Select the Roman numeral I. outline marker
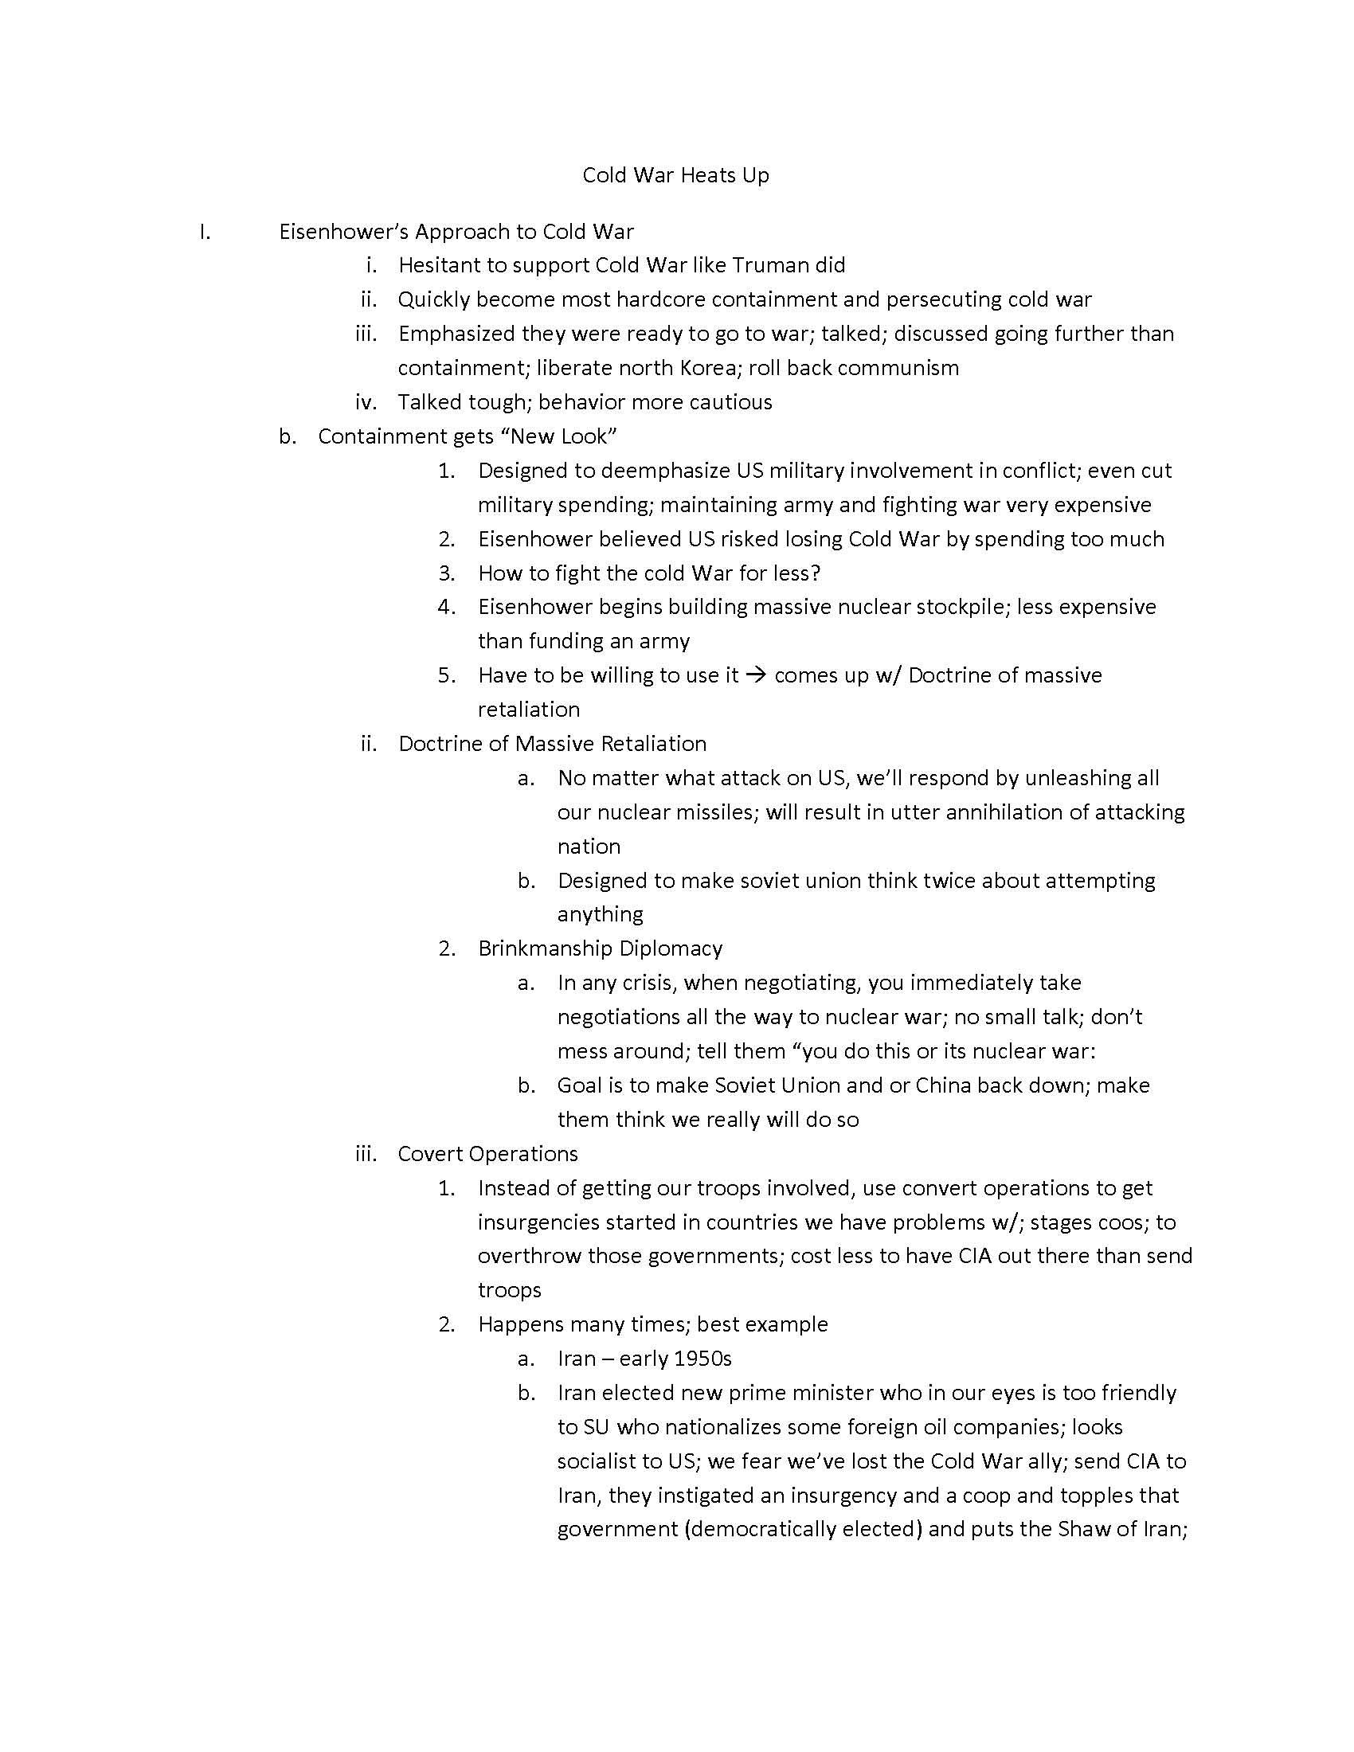(205, 232)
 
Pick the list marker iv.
(366, 402)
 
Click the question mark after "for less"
(816, 573)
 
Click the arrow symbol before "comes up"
(756, 675)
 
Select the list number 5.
(447, 675)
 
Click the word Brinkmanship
(547, 949)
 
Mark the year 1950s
(702, 1359)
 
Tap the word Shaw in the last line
(1084, 1530)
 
